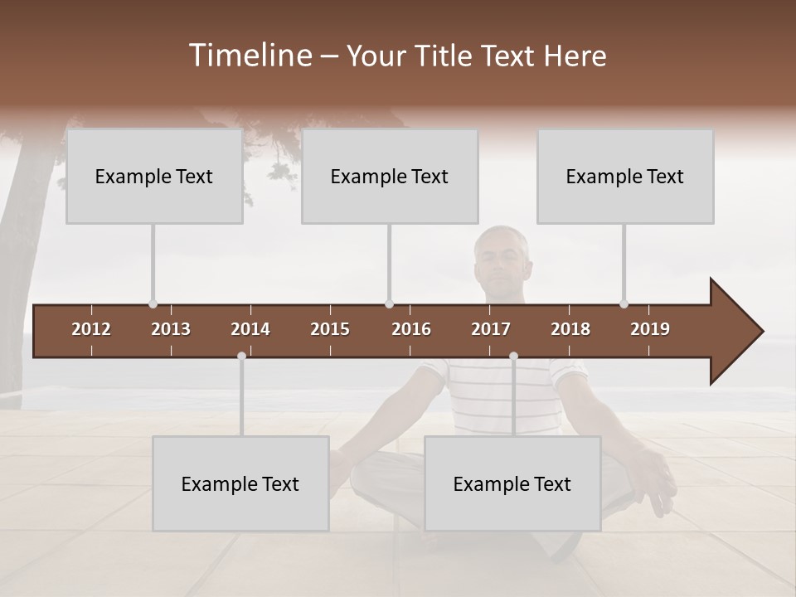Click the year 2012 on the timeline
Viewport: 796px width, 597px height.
pos(91,329)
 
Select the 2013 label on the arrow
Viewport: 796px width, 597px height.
pos(171,329)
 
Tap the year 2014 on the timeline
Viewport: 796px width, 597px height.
pos(250,329)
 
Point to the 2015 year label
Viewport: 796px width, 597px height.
pos(330,329)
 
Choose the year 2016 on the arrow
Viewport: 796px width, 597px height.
pos(411,329)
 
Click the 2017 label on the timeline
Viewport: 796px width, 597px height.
pos(491,329)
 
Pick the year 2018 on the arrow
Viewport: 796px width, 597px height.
pos(570,329)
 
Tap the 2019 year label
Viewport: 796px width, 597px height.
pos(650,329)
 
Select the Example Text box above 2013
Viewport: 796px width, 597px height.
pos(154,176)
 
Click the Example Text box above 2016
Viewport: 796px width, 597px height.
pos(390,176)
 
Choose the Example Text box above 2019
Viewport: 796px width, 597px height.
pos(625,176)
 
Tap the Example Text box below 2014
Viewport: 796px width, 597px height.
pos(240,483)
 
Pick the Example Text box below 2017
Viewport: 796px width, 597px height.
pos(512,483)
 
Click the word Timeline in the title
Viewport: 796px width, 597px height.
pos(250,56)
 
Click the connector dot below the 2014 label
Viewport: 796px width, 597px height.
pos(241,356)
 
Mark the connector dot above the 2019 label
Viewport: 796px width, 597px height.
pos(624,304)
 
